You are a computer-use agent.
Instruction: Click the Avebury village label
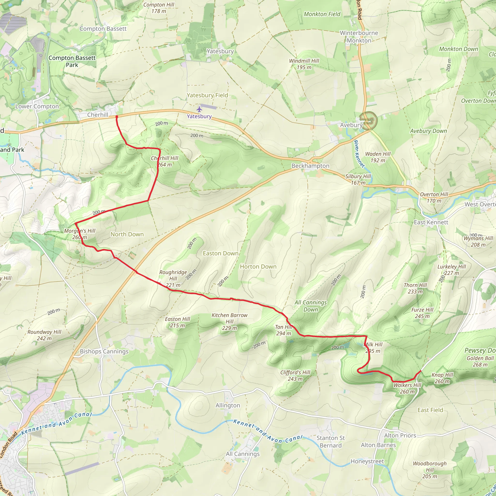pyautogui.click(x=351, y=125)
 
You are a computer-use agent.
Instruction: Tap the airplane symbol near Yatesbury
pyautogui.click(x=199, y=109)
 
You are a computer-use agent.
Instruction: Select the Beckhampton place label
pyautogui.click(x=310, y=166)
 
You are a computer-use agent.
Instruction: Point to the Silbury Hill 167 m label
pyautogui.click(x=358, y=179)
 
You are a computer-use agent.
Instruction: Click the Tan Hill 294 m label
pyautogui.click(x=284, y=330)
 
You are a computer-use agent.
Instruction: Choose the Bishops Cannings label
pyautogui.click(x=104, y=351)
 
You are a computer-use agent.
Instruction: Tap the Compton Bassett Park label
pyautogui.click(x=72, y=61)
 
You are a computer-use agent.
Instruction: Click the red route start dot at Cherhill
pyautogui.click(x=117, y=117)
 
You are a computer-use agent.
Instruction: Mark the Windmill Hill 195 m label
pyautogui.click(x=304, y=64)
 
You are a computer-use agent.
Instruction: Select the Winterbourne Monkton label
pyautogui.click(x=359, y=37)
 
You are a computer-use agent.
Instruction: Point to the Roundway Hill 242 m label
pyautogui.click(x=44, y=335)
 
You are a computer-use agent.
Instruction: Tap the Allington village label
pyautogui.click(x=228, y=405)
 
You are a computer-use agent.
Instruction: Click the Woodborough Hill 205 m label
pyautogui.click(x=430, y=470)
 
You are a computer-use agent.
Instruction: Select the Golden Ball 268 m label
pyautogui.click(x=480, y=361)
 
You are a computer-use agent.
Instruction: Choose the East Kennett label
pyautogui.click(x=431, y=222)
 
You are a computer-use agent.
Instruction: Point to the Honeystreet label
pyautogui.click(x=367, y=461)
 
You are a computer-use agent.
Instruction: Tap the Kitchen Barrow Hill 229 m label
pyautogui.click(x=230, y=321)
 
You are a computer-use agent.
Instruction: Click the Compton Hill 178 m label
pyautogui.click(x=159, y=8)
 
